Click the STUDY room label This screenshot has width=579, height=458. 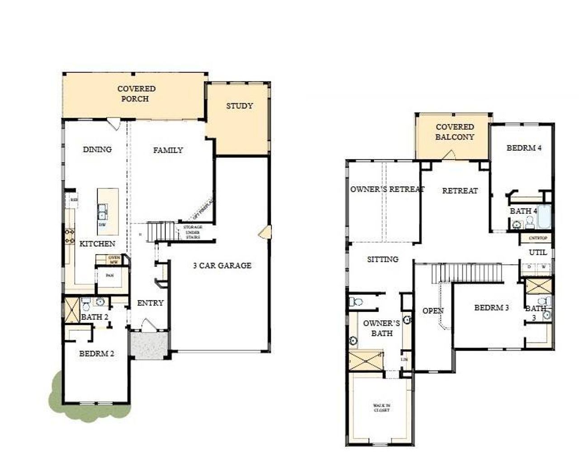pos(239,106)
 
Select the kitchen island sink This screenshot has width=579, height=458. pos(103,210)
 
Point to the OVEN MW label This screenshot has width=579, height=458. pos(114,260)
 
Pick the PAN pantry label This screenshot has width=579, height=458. pos(109,275)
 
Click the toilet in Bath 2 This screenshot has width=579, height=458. pos(86,304)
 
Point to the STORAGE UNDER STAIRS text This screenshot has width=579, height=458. pos(192,232)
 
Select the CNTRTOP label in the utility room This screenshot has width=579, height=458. pos(538,238)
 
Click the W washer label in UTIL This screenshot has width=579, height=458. pos(543,267)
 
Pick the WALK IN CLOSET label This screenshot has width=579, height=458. pos(381,408)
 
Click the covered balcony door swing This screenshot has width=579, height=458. pos(449,155)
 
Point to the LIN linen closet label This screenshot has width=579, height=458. pos(404,360)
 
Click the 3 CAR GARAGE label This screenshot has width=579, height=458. pos(222,266)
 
